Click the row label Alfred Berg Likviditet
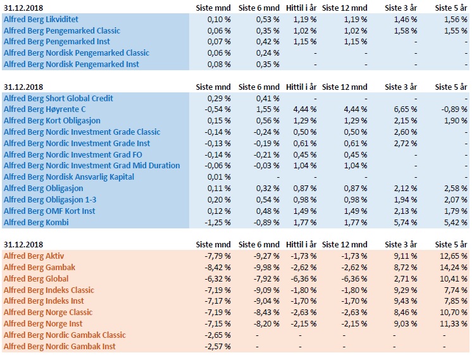pos(41,20)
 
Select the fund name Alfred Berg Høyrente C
pos(44,109)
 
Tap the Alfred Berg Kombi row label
pos(36,223)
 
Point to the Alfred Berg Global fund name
pos(36,279)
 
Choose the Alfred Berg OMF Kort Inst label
pos(49,211)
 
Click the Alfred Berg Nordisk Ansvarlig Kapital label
pos(69,177)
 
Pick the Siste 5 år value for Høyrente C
pos(454,109)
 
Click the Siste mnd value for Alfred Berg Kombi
pos(218,223)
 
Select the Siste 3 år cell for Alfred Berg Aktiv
pos(406,256)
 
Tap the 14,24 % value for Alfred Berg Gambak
pos(454,267)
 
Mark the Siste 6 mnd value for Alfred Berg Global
pos(266,279)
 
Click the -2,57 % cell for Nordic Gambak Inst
pos(218,347)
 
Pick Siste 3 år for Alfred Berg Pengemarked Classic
pos(406,31)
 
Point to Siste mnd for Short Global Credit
pos(219,99)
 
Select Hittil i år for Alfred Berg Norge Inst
pos(304,324)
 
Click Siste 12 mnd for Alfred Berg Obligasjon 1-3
pos(356,200)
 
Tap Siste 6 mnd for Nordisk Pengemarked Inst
pos(268,65)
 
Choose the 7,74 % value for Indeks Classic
pos(456,290)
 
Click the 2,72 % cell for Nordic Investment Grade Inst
pos(406,143)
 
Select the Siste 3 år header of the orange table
pos(401,244)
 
